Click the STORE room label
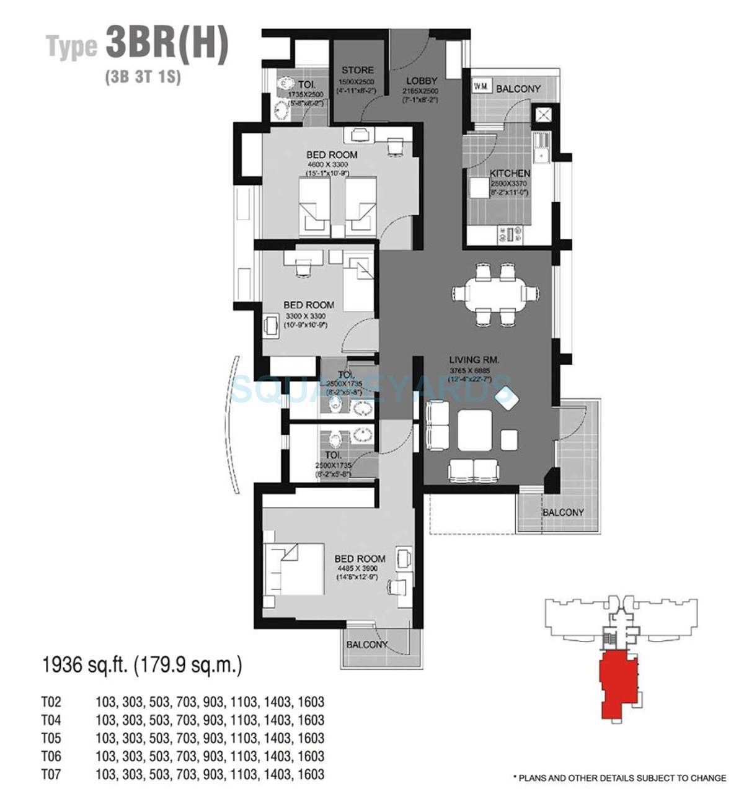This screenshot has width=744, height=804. click(x=357, y=70)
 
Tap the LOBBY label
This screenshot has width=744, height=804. click(x=422, y=81)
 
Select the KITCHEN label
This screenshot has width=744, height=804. click(x=510, y=174)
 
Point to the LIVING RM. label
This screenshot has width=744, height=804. click(x=474, y=359)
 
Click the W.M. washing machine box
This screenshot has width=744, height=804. click(x=480, y=86)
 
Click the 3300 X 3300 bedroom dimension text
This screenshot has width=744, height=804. click(x=304, y=316)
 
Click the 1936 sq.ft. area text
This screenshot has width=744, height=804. click(x=141, y=665)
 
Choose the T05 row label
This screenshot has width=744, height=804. click(x=51, y=738)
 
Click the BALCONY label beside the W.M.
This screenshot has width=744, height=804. click(x=518, y=89)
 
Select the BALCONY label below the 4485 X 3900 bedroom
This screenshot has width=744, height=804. click(x=367, y=645)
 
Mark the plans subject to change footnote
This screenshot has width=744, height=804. click(x=619, y=778)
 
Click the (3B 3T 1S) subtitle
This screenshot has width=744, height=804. click(x=142, y=78)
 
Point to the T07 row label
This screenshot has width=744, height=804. click(x=51, y=774)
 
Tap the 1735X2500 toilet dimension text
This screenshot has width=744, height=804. click(x=306, y=94)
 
